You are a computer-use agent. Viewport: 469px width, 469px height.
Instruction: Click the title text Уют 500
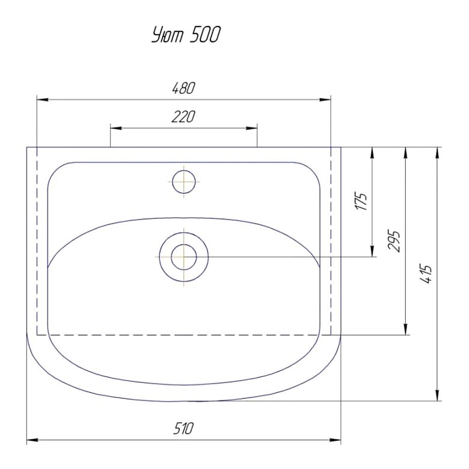(186, 35)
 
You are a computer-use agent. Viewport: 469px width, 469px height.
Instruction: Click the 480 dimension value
(183, 88)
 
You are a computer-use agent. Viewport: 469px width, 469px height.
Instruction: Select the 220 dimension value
(183, 117)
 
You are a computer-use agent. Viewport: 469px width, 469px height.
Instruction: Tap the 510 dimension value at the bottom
(183, 429)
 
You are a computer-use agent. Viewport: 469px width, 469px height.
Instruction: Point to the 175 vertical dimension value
(361, 201)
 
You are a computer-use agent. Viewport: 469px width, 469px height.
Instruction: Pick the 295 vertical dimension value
(394, 241)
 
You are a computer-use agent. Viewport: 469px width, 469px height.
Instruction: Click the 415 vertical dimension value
(426, 274)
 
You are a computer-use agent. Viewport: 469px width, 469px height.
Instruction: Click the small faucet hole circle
(184, 182)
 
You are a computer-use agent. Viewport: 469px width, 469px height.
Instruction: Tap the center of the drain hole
(184, 257)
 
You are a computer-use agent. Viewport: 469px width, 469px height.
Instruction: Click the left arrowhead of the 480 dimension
(42, 100)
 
